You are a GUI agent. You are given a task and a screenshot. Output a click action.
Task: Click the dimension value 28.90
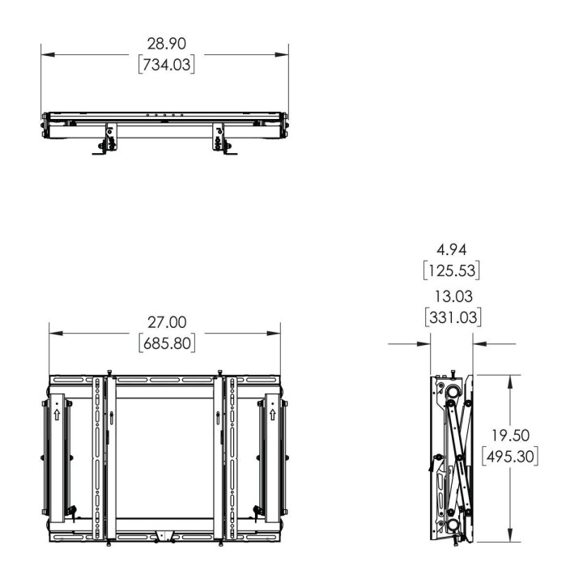tap(166, 44)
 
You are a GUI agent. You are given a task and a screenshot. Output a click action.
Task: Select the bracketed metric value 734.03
tap(167, 65)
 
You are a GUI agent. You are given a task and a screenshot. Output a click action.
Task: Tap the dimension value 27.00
tap(167, 322)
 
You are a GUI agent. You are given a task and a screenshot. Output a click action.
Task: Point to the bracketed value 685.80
tap(167, 343)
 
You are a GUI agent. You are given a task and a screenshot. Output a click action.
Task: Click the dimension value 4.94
tap(451, 249)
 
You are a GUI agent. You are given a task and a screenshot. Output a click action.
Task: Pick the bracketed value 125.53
tap(451, 270)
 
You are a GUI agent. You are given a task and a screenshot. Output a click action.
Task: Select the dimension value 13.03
tap(453, 296)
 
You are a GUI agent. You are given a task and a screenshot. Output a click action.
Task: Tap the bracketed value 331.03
tap(453, 317)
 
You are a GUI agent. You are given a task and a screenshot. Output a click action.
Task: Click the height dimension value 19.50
tap(510, 436)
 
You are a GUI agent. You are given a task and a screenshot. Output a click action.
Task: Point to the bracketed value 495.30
tap(510, 456)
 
